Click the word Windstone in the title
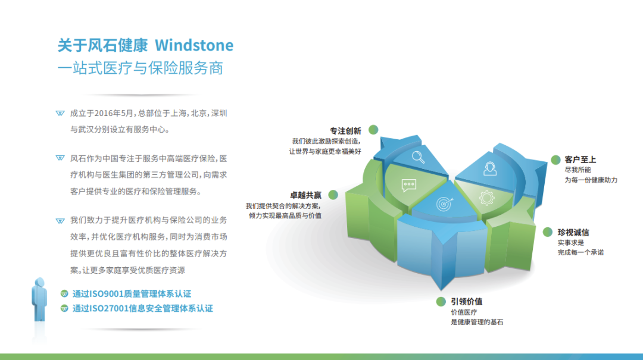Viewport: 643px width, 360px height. pos(194,45)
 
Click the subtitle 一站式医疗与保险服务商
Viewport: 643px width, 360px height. pos(141,68)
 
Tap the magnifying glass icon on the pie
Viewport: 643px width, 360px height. pos(419,157)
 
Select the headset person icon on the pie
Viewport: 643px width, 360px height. pos(489,168)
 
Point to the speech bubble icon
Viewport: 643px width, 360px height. pos(409,186)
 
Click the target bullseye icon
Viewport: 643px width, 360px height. pos(445,204)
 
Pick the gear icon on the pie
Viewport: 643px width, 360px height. pos(487,198)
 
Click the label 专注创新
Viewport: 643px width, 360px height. pos(345,131)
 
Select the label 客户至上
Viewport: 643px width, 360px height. pos(580,159)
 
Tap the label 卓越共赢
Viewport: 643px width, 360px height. pos(305,195)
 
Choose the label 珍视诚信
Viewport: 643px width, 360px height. pos(573,233)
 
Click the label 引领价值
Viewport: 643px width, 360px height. pos(466,301)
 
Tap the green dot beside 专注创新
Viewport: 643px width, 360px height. pos(373,130)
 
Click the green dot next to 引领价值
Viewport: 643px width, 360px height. pos(441,302)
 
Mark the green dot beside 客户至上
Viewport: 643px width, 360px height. pos(555,160)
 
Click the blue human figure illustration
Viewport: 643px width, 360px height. pos(39,300)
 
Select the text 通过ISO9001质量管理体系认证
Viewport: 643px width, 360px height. pos(132,293)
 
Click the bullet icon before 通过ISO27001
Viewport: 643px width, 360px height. pos(64,308)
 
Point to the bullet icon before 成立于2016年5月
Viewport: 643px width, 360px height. pos(60,113)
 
